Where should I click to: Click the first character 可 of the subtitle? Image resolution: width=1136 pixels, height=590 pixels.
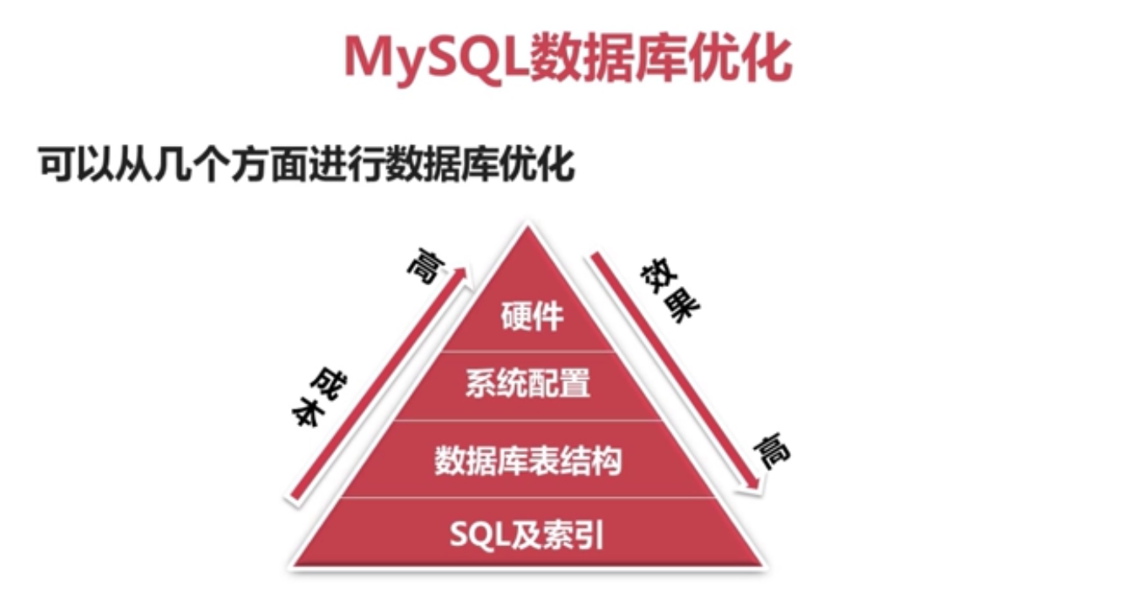[52, 165]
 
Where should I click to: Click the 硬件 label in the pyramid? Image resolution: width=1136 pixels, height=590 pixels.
[531, 317]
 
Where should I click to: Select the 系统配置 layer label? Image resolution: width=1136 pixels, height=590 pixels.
[528, 384]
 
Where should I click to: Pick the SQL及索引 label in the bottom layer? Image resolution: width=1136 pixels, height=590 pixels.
[528, 534]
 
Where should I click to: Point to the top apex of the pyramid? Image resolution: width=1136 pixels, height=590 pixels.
[528, 226]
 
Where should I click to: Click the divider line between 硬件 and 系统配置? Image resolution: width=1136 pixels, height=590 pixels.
[528, 351]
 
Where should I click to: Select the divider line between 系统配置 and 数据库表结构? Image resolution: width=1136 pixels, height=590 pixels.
[528, 419]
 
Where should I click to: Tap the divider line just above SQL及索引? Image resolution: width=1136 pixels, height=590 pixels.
[528, 497]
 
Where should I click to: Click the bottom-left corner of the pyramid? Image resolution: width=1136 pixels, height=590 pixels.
[292, 565]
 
